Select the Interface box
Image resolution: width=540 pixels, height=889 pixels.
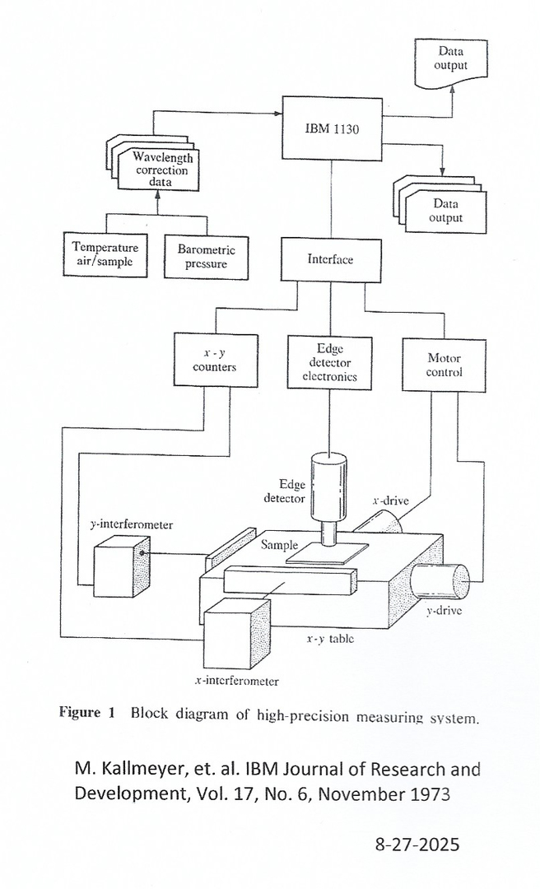331,260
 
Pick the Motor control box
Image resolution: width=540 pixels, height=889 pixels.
445,365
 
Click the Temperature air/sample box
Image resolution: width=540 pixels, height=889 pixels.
105,254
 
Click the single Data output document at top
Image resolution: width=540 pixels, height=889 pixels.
451,63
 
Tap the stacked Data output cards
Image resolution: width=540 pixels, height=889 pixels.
445,209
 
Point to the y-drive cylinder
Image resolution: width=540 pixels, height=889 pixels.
441,579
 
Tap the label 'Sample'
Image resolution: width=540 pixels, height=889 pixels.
279,545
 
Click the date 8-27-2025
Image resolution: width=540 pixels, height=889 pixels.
417,845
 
